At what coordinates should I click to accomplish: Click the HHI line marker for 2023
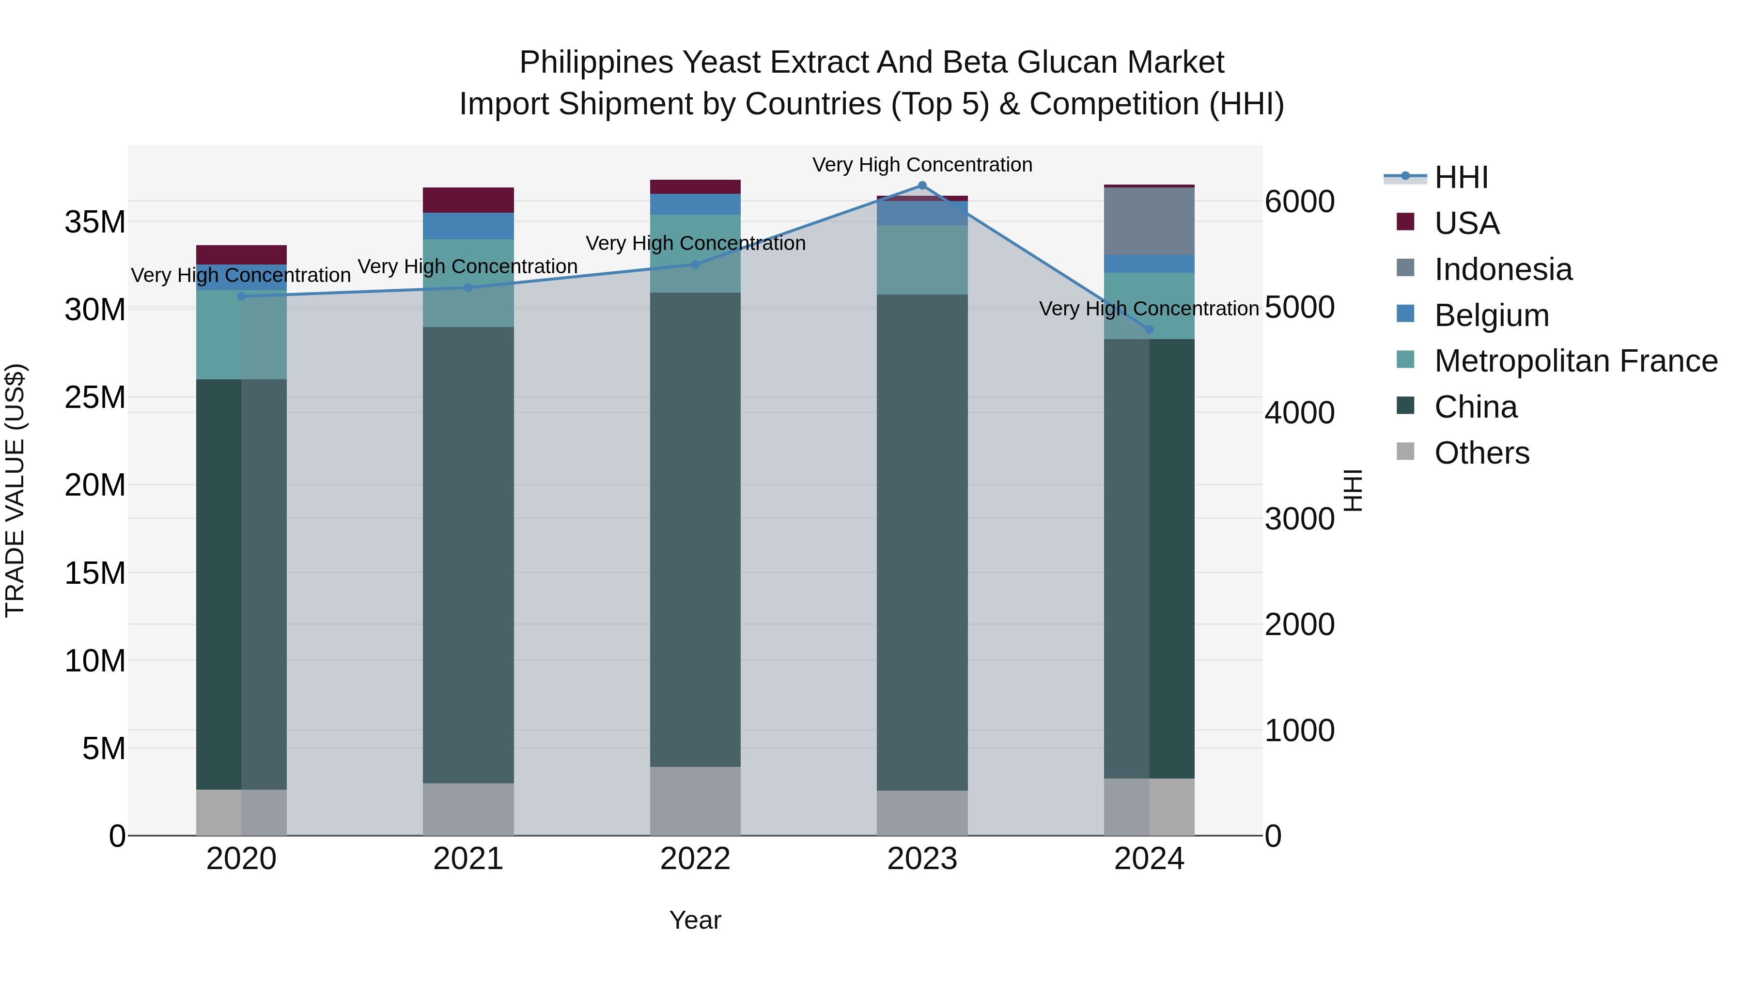(922, 186)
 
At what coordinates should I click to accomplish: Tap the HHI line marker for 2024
(1149, 330)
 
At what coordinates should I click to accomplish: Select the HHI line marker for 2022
(695, 265)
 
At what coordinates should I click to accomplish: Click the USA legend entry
(1466, 223)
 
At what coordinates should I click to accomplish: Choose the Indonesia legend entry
(1503, 269)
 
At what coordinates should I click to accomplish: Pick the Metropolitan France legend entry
(1575, 361)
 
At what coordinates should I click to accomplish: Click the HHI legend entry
(1461, 177)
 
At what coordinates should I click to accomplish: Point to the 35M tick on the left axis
(95, 222)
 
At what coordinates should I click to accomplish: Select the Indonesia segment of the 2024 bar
(1149, 221)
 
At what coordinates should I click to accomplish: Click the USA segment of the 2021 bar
(468, 201)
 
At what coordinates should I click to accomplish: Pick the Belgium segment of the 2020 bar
(241, 278)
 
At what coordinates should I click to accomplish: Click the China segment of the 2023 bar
(922, 542)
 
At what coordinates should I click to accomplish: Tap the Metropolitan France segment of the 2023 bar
(922, 260)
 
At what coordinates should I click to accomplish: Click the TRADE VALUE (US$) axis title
(15, 490)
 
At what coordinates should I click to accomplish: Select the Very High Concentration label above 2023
(922, 165)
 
